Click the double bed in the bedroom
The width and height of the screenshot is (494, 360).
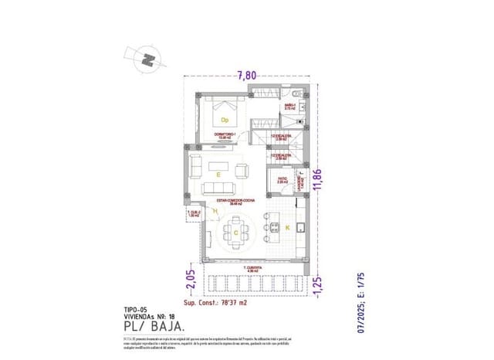[226, 116]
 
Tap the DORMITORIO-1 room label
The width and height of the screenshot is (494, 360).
[228, 135]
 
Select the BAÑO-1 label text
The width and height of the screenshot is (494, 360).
[290, 106]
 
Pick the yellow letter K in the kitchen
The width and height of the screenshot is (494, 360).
[287, 228]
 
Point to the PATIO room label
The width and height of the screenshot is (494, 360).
[283, 181]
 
